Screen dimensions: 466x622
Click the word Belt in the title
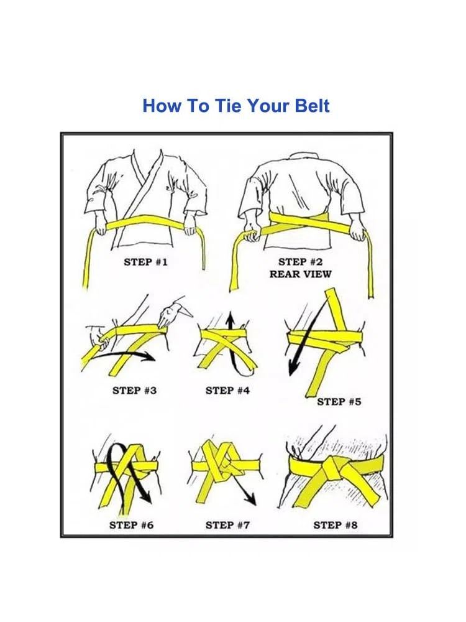tap(313, 106)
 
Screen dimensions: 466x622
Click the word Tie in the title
tap(228, 106)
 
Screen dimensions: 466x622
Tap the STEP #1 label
tap(145, 262)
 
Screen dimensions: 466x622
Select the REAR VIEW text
tap(300, 274)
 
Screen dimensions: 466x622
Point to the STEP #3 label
tap(134, 391)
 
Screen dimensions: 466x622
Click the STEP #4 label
tap(227, 391)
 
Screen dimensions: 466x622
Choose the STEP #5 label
tap(339, 401)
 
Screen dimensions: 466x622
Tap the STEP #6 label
tap(131, 525)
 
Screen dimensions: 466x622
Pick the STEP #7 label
tap(227, 525)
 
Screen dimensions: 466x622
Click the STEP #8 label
tap(336, 525)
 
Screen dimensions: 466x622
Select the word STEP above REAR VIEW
tap(291, 262)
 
